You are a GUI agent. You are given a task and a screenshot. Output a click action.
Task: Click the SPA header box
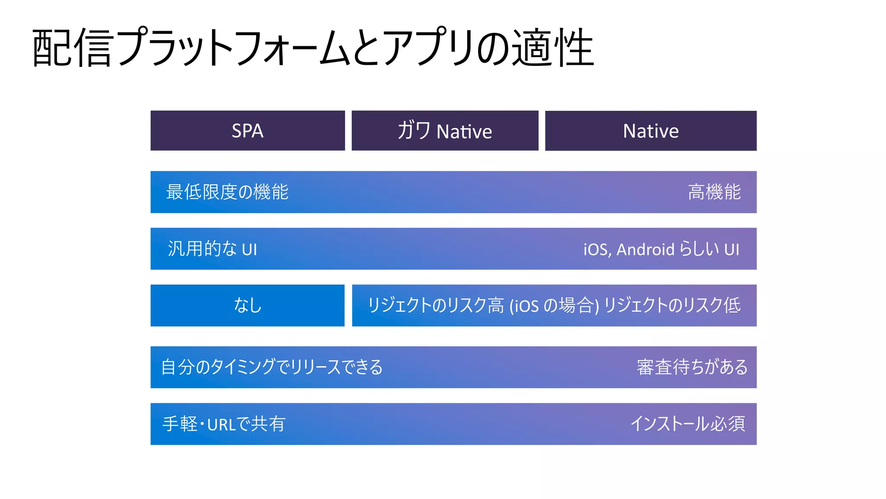tap(247, 131)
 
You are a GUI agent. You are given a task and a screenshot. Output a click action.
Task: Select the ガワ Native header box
tap(445, 131)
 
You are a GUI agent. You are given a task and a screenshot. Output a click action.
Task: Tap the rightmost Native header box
tap(651, 131)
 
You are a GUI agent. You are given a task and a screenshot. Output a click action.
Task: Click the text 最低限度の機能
tap(227, 192)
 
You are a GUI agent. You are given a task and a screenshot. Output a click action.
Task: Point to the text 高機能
tap(714, 192)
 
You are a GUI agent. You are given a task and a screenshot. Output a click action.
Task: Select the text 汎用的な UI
tap(212, 249)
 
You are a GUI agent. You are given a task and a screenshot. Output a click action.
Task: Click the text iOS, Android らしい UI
tap(661, 249)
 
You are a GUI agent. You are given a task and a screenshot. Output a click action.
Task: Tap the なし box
tap(247, 306)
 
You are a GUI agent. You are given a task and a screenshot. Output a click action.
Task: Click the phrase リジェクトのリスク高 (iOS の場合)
tap(483, 306)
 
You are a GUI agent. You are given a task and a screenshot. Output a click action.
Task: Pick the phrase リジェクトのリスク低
tap(672, 306)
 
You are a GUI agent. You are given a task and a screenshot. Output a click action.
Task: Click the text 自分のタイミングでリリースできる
tap(272, 367)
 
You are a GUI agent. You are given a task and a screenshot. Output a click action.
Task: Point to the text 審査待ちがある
tap(692, 367)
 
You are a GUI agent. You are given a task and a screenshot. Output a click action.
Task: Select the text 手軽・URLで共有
tap(224, 424)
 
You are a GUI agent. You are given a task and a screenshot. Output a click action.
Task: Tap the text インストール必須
tap(688, 424)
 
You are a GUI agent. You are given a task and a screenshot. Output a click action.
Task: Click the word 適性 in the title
tap(553, 48)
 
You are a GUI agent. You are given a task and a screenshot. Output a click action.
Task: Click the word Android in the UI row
tap(645, 249)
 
